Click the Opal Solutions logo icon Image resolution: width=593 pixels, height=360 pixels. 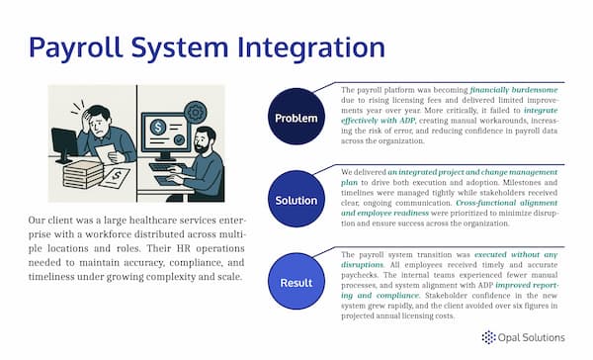click(488, 337)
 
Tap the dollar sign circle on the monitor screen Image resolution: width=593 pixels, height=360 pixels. click(157, 130)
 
